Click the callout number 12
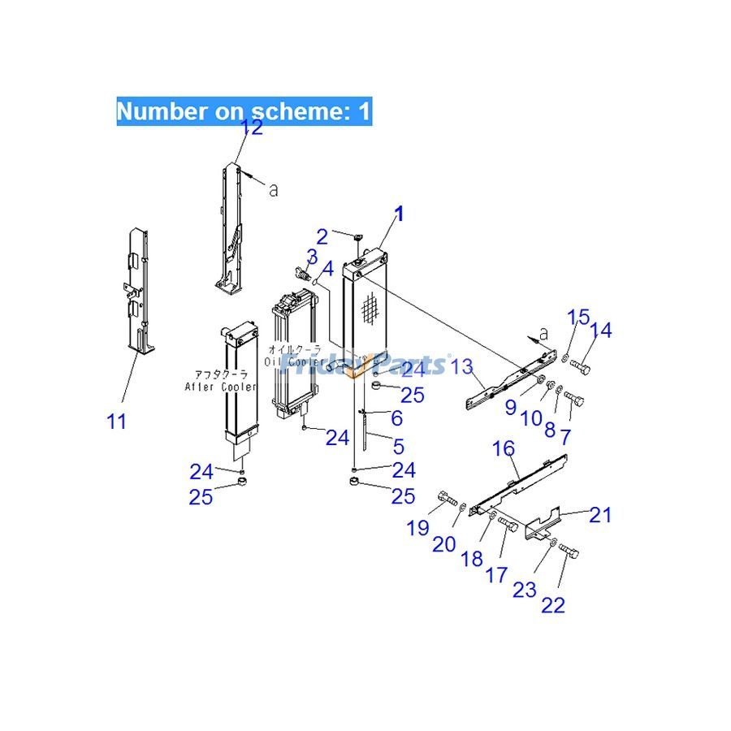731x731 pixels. tap(252, 128)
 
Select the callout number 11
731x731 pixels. tap(117, 422)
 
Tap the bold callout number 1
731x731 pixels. tap(399, 214)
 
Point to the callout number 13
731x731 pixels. tap(462, 367)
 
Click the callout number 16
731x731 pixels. tap(504, 448)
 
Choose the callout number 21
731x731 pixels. tap(600, 514)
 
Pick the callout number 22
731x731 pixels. tap(554, 604)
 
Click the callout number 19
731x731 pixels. tap(417, 528)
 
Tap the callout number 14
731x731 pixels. tap(601, 330)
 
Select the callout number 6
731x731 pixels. tap(396, 418)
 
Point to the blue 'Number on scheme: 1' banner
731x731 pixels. tap(244, 110)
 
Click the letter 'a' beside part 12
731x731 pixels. tap(273, 189)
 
